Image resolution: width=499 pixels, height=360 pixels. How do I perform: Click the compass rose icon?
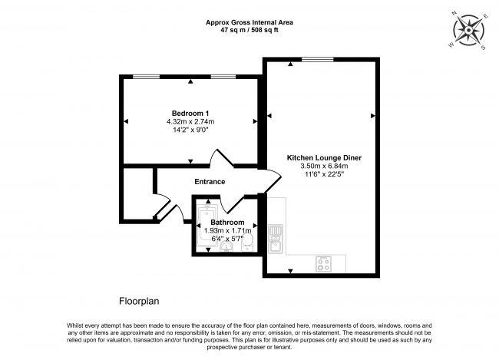[469, 31]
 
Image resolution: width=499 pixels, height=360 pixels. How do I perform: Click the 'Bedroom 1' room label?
[190, 113]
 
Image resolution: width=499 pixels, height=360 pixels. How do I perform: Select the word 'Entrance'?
[209, 182]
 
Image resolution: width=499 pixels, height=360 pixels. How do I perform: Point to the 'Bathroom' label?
[227, 223]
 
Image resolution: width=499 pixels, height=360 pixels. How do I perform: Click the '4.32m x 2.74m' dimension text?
[190, 121]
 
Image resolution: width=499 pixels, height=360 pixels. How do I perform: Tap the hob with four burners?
[323, 263]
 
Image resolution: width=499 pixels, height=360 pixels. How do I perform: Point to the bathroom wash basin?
[226, 247]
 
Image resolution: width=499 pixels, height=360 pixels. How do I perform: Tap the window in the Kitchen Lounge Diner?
[317, 59]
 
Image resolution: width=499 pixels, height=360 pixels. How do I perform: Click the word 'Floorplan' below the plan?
[140, 302]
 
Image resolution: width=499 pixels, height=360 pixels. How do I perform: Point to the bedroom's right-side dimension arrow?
[256, 121]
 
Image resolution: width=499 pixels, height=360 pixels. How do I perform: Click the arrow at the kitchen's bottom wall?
[290, 271]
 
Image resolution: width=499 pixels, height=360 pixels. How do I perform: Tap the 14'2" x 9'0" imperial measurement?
[190, 130]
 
